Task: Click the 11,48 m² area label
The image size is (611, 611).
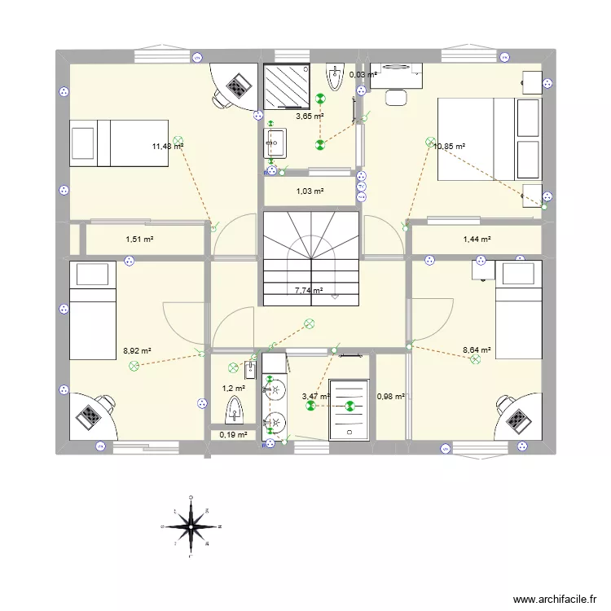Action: pos(167,147)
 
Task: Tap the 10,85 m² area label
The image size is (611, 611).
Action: pos(450,147)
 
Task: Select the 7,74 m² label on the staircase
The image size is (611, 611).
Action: pos(309,290)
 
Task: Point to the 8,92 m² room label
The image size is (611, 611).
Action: pos(137,351)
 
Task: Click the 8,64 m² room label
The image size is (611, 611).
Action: pos(477,351)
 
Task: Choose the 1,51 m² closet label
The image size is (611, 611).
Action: pos(139,240)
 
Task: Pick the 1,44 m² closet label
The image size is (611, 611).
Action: pos(477,240)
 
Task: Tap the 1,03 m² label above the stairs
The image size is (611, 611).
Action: pos(310,191)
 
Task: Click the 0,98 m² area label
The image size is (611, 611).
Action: pos(391,397)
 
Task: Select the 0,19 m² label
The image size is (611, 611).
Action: pos(233,435)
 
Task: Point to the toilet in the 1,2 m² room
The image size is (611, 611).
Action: pos(235,404)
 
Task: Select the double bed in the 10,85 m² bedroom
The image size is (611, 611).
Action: pos(489,139)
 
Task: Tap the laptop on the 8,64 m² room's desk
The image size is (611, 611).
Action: pos(517,417)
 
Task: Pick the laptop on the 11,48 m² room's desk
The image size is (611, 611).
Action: pos(238,84)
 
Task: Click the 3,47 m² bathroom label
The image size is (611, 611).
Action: pos(315,397)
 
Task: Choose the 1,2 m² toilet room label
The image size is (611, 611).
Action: pos(235,389)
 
